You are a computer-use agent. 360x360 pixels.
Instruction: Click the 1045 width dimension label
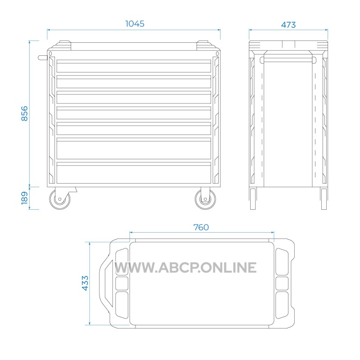[135, 24]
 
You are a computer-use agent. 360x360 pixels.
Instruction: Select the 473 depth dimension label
[288, 25]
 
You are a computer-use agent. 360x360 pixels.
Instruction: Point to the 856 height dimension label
[24, 113]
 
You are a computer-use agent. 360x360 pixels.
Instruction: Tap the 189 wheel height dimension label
[24, 198]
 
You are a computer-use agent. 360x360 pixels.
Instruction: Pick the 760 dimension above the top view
[201, 227]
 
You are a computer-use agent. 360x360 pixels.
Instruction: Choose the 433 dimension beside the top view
[85, 283]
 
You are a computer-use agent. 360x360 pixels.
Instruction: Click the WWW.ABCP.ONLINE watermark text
[185, 267]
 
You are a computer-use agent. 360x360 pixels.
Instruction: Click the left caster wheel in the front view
[60, 199]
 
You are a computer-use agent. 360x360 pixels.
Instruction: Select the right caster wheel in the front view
[205, 199]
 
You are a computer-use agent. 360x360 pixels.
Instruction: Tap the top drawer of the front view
[134, 66]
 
